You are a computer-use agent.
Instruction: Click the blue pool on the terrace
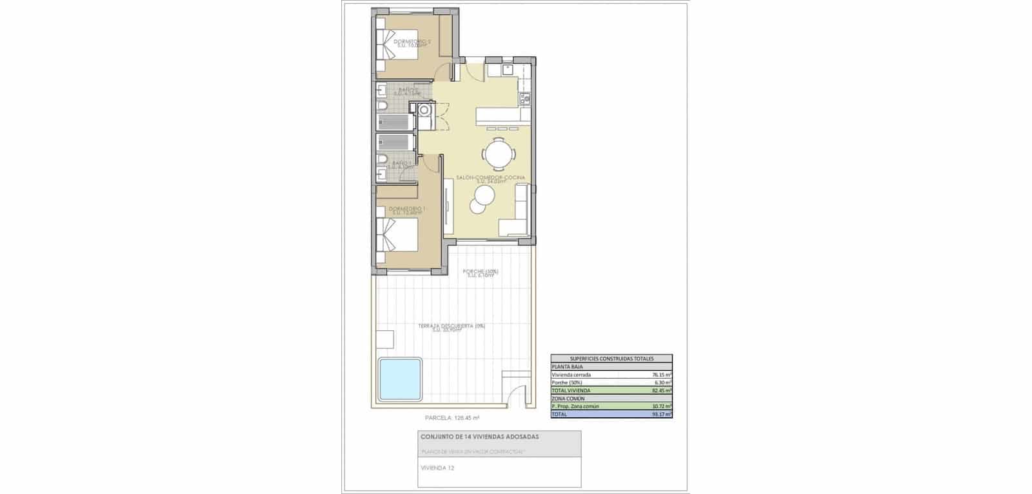400,379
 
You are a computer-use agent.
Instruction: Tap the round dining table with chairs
499,154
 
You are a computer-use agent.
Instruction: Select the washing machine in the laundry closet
424,111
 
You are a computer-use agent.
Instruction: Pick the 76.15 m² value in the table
662,375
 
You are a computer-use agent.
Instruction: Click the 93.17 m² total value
662,414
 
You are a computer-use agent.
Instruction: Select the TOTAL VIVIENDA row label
571,390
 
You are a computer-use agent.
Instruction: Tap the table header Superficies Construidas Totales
611,359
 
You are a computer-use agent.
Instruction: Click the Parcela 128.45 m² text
451,417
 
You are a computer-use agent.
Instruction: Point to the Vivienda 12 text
437,468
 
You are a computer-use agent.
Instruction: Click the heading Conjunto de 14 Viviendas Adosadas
479,437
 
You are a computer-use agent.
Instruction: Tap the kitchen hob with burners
525,98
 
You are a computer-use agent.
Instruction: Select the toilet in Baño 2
383,105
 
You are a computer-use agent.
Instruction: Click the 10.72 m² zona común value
662,406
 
